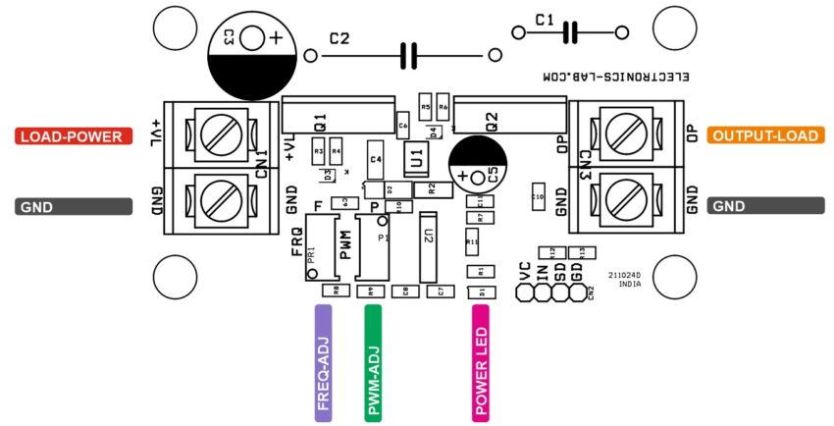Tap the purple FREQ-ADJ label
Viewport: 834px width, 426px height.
323,363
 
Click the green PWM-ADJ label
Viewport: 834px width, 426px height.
374,363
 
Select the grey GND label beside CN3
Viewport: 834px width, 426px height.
760,206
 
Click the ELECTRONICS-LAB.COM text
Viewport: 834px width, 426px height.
616,77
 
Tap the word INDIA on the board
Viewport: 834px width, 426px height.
629,284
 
